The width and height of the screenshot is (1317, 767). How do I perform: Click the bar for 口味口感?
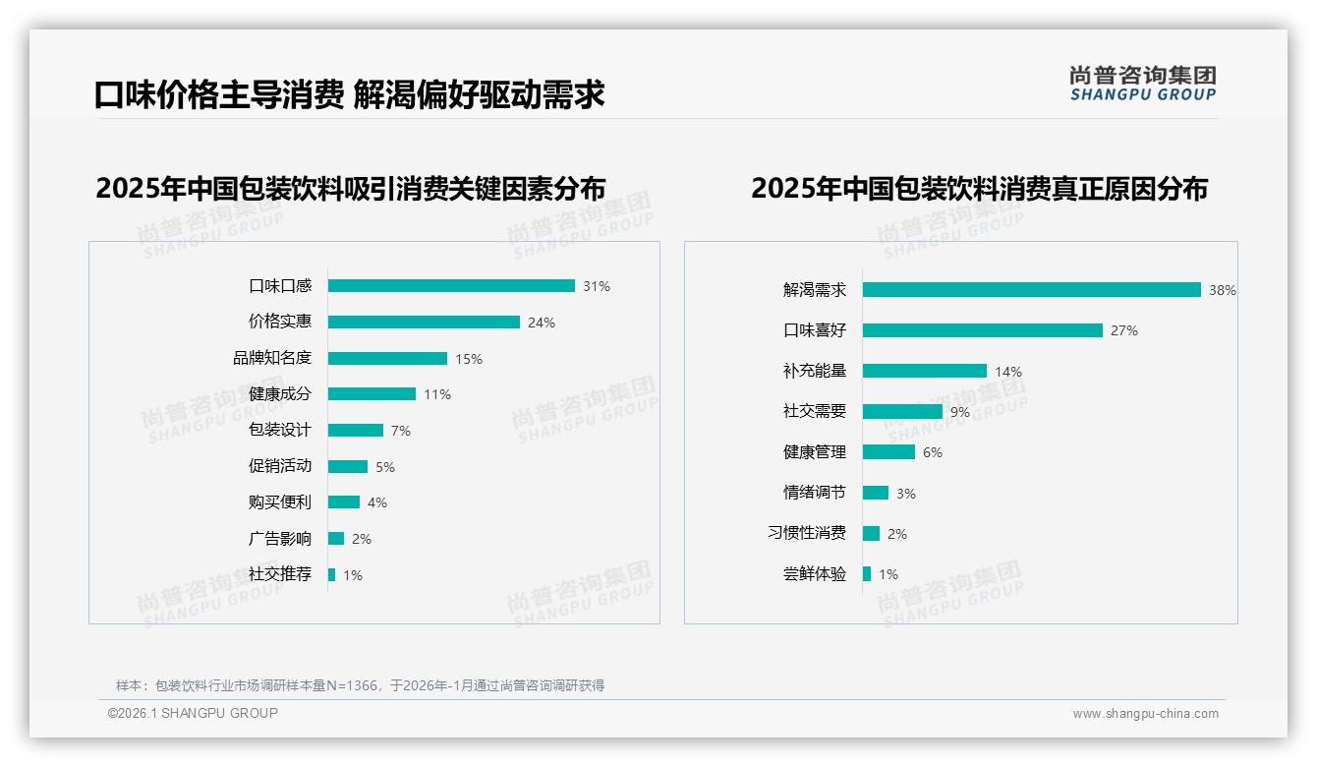point(451,286)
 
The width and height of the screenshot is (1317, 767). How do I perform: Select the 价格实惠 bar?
point(424,323)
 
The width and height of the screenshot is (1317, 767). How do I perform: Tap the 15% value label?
point(469,359)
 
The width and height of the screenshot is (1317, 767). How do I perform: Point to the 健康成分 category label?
point(280,394)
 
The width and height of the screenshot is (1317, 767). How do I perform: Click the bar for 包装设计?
point(356,431)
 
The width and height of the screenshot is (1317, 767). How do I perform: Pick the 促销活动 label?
point(280,466)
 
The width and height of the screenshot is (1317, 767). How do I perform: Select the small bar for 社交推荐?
point(332,574)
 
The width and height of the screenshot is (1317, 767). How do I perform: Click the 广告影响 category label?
point(280,539)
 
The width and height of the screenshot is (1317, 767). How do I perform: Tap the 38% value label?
point(1223,290)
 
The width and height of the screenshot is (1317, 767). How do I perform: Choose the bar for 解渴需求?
point(1032,290)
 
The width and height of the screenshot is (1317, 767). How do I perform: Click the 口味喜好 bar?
point(983,330)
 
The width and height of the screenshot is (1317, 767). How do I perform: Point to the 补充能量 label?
point(815,371)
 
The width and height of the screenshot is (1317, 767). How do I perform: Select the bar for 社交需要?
point(902,412)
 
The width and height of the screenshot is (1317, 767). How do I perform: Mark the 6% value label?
point(933,452)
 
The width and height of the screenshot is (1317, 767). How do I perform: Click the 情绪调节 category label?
point(815,493)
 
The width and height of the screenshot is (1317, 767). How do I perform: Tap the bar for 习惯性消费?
point(872,533)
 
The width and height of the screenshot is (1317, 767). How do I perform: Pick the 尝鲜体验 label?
point(815,574)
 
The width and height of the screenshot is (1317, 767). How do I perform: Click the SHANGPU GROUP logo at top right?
point(1143,84)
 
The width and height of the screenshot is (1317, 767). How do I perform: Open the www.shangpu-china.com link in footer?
point(1145,714)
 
